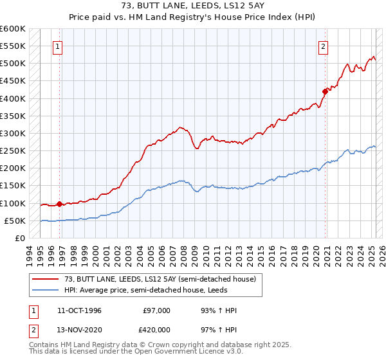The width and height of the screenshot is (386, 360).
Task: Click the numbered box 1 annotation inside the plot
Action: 59,46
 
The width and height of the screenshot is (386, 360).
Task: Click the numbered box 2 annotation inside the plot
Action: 322,46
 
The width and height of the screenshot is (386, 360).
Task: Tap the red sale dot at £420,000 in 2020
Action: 326,91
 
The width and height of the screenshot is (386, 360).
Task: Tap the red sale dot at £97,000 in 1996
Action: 59,204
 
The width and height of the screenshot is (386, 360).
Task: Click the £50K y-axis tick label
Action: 15,221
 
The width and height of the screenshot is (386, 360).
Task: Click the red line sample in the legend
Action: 46,279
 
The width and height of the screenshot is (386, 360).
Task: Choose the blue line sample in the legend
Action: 46,290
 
